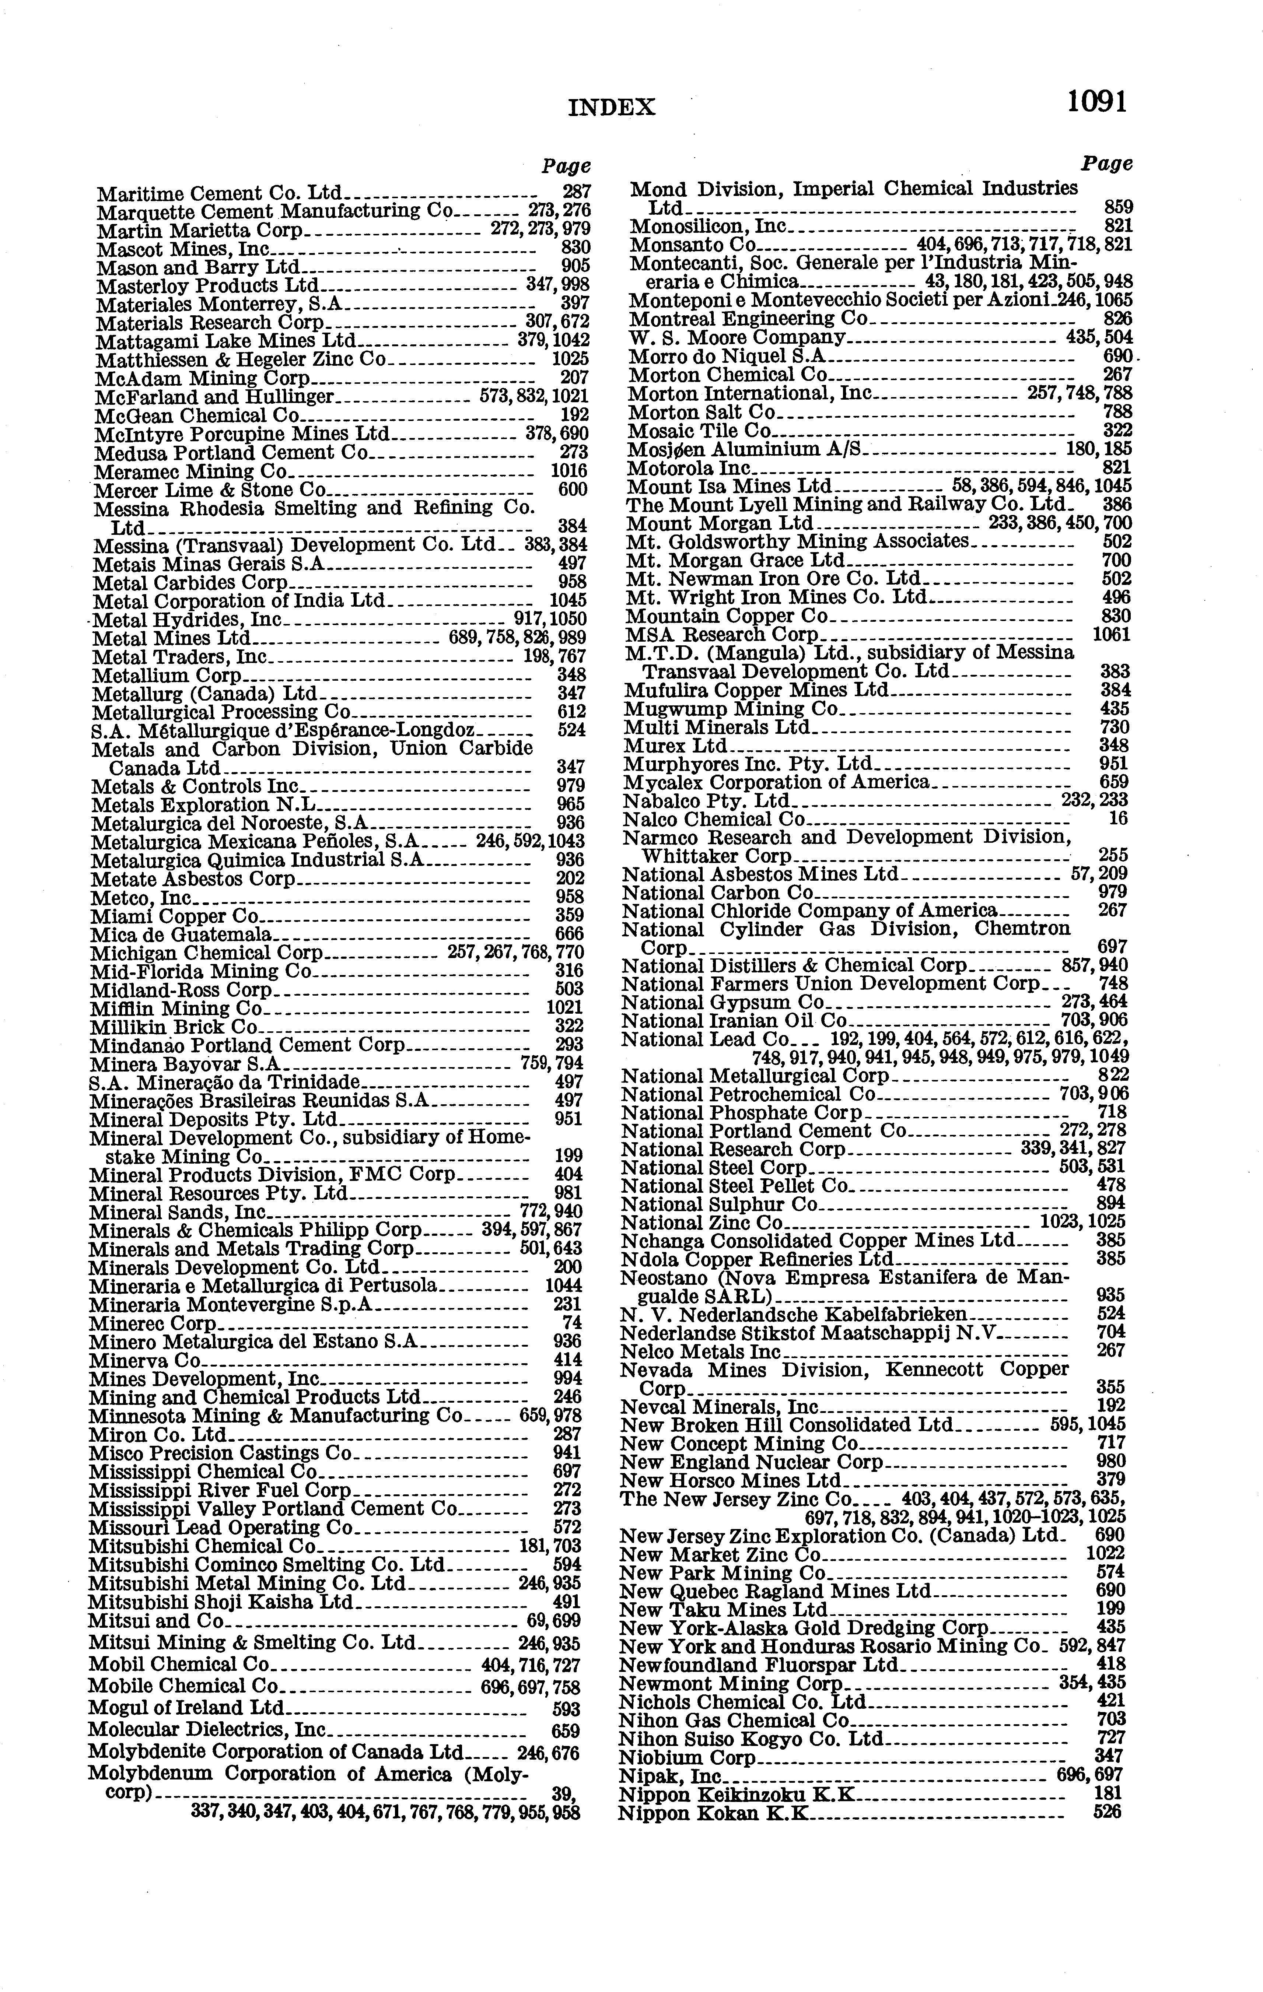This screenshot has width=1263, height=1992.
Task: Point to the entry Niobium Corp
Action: click(687, 1757)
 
